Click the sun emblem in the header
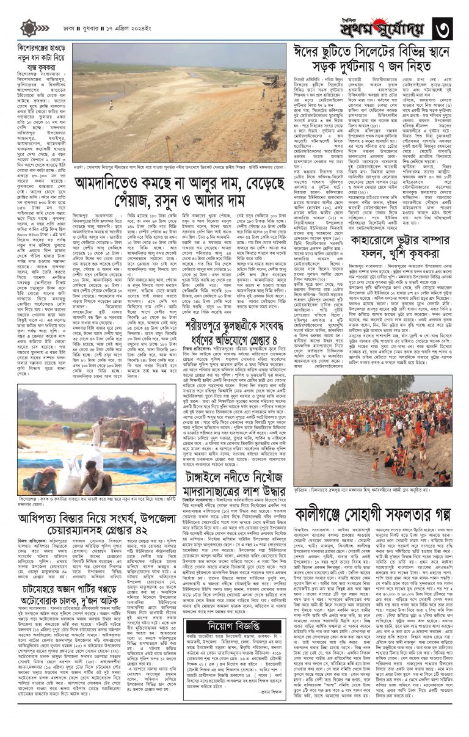29,27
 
